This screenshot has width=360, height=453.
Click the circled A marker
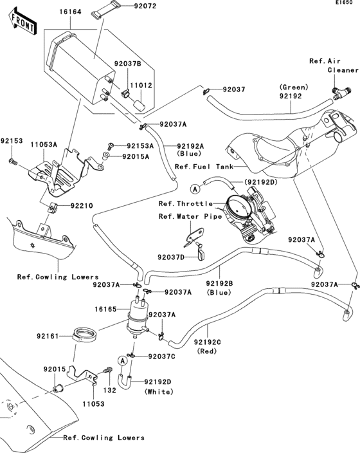(x=194, y=189)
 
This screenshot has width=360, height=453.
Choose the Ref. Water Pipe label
(x=190, y=216)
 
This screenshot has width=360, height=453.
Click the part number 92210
(x=82, y=207)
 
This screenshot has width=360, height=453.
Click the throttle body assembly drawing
(x=246, y=212)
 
